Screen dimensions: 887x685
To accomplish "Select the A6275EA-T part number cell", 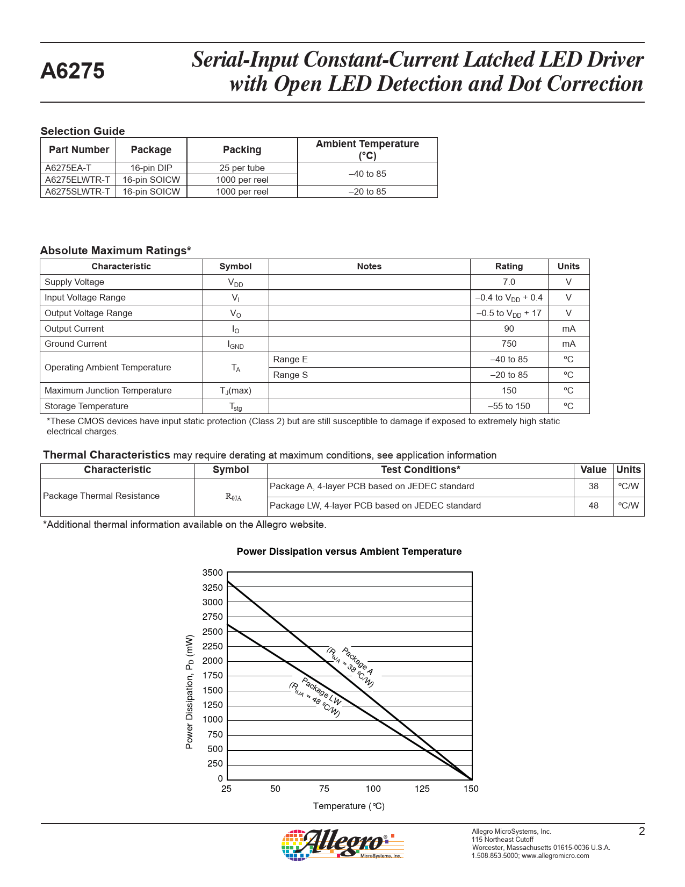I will [x=68, y=168].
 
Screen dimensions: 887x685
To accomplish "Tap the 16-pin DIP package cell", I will [x=151, y=168].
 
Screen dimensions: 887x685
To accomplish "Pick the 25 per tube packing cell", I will [x=242, y=168].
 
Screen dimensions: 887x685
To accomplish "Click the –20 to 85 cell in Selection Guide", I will [x=367, y=191].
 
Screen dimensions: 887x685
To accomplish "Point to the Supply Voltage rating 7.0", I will [x=509, y=282].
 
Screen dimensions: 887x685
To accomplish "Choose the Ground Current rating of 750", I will [x=509, y=344].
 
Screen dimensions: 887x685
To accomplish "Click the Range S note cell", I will [x=291, y=375].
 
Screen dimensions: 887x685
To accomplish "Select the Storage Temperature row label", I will [x=86, y=406].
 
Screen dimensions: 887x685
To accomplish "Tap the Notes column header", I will [x=369, y=266].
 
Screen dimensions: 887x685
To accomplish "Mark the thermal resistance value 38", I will [x=593, y=487].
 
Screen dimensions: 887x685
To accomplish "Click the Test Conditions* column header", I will [x=420, y=470].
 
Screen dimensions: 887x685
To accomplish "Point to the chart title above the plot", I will [x=349, y=552].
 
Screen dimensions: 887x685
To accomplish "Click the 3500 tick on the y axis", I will [x=212, y=573].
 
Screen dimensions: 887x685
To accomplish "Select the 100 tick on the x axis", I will [x=373, y=789].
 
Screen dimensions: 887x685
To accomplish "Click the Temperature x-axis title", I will [x=349, y=806].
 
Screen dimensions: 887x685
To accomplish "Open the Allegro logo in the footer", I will [x=342, y=845].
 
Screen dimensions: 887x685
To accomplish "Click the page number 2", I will [x=641, y=831].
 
